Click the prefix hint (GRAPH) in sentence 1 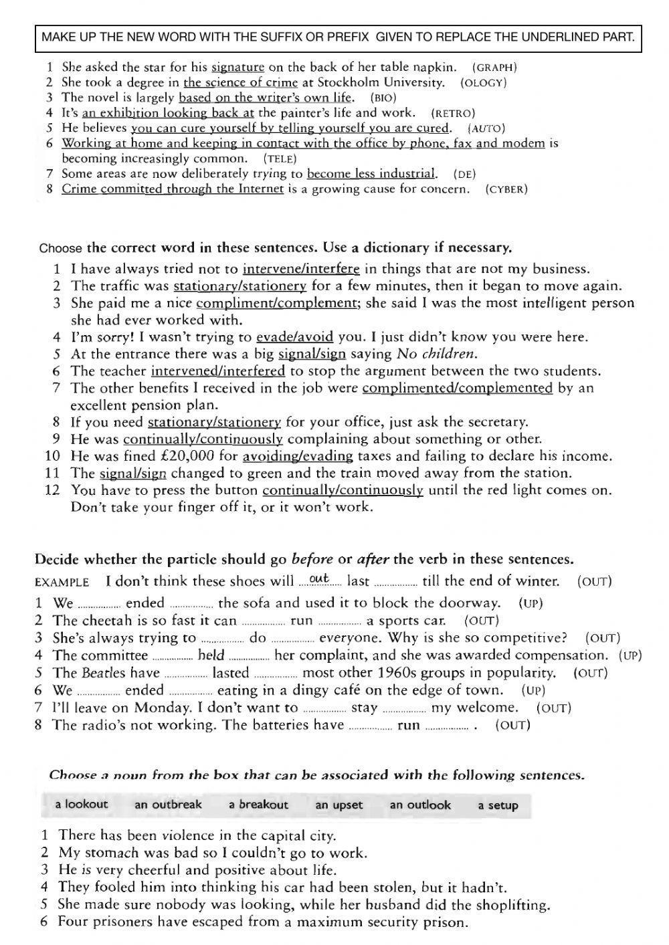(494, 68)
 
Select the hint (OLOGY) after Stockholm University (483, 83)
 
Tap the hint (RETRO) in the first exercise (453, 113)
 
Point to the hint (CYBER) (506, 189)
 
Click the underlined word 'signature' (237, 67)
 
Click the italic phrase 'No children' (436, 354)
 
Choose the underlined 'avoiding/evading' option (297, 456)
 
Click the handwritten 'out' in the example (321, 579)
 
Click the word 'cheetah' (106, 621)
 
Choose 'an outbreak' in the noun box (168, 805)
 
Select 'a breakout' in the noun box (258, 805)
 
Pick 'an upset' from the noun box (339, 805)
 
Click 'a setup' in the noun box (498, 805)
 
